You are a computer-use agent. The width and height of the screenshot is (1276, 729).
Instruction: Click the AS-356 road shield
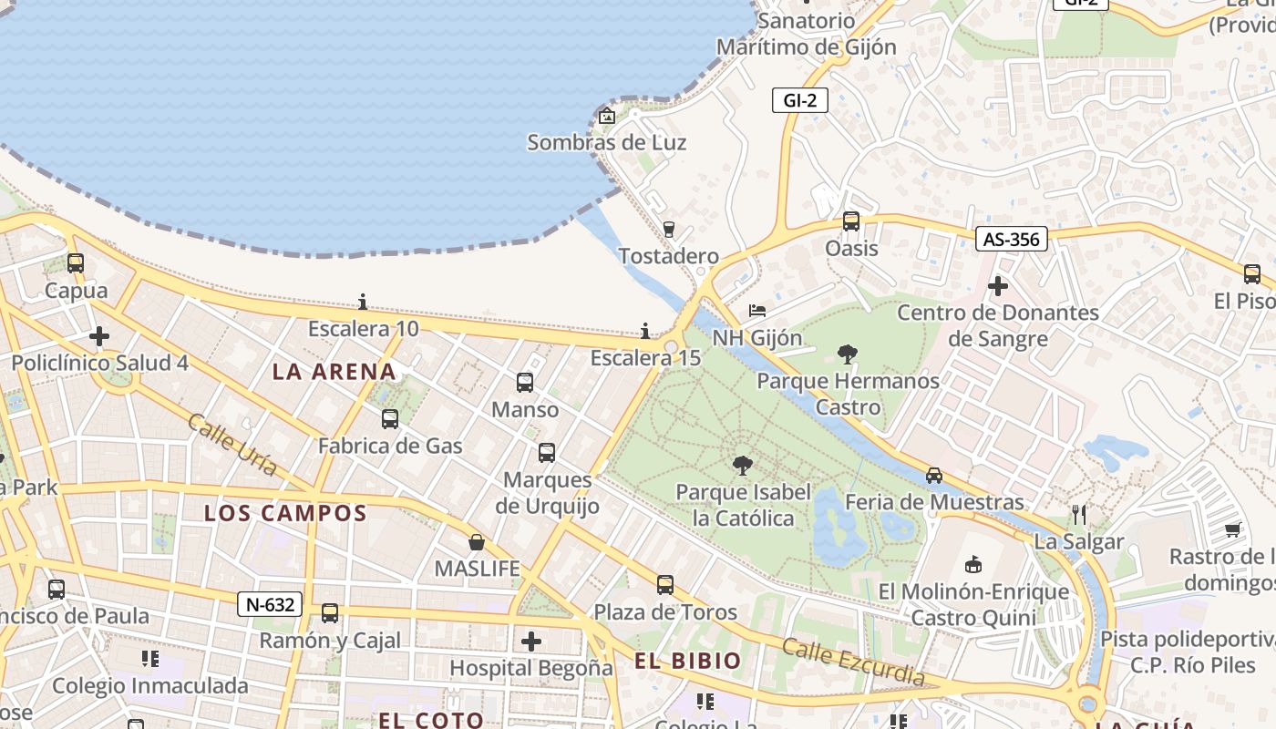1011,240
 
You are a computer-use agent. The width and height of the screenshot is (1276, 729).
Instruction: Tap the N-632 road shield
270,604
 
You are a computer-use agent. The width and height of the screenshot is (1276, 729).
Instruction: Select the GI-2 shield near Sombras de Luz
799,100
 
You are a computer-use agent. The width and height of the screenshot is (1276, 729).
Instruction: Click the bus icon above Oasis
850,221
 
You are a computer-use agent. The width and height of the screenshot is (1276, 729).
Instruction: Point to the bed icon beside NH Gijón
757,311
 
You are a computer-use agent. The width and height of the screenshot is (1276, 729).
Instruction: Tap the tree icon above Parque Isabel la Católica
742,466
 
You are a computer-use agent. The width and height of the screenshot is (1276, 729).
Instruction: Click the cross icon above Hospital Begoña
531,642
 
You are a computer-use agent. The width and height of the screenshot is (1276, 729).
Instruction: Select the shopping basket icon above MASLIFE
476,543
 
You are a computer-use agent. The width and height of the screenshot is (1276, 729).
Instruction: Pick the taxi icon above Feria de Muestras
934,476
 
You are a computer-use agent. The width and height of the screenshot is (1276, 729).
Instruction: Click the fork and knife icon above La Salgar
1079,515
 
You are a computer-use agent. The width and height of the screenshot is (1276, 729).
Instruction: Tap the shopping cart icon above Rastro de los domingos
1233,529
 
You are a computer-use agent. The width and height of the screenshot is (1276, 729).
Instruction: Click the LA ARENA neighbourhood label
334,372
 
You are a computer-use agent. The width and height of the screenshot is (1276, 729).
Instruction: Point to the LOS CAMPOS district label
285,513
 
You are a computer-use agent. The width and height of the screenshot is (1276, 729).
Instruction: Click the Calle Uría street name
232,445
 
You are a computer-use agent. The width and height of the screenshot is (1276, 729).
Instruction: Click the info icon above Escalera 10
363,302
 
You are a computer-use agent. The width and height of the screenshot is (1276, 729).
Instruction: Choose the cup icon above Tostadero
669,229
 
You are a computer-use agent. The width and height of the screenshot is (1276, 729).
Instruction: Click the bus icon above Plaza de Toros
665,585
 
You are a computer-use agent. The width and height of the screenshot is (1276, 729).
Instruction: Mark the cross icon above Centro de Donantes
998,286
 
